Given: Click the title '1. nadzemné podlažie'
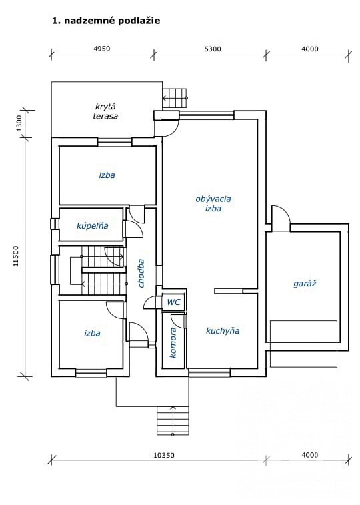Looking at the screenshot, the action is pyautogui.click(x=106, y=21).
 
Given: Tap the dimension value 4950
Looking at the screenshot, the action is pyautogui.click(x=101, y=49).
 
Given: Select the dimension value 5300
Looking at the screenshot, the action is pyautogui.click(x=213, y=49).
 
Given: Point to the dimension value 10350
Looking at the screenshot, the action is pyautogui.click(x=164, y=455).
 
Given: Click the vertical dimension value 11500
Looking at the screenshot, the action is pyautogui.click(x=16, y=256).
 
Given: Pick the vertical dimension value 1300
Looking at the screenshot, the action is pyautogui.click(x=19, y=123).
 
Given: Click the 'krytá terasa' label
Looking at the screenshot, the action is pyautogui.click(x=105, y=111).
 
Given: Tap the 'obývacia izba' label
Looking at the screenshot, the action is pyautogui.click(x=213, y=203).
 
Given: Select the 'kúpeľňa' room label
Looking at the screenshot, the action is pyautogui.click(x=92, y=225).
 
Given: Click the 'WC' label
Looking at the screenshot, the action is pyautogui.click(x=174, y=302).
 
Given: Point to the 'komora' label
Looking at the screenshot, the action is pyautogui.click(x=173, y=343).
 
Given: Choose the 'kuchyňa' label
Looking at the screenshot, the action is pyautogui.click(x=223, y=331).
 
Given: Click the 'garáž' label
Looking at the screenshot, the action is pyautogui.click(x=305, y=284).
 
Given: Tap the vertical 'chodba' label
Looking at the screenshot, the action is pyautogui.click(x=141, y=273).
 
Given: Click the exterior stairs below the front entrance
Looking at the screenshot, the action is pyautogui.click(x=173, y=420).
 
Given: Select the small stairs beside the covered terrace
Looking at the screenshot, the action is pyautogui.click(x=175, y=98).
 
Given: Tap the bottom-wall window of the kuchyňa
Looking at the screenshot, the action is pyautogui.click(x=209, y=374).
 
